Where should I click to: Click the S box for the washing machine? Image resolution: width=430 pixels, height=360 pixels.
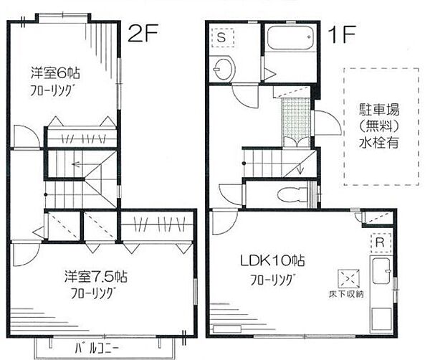222,37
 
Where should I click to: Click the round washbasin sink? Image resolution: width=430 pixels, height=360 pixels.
223,70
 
